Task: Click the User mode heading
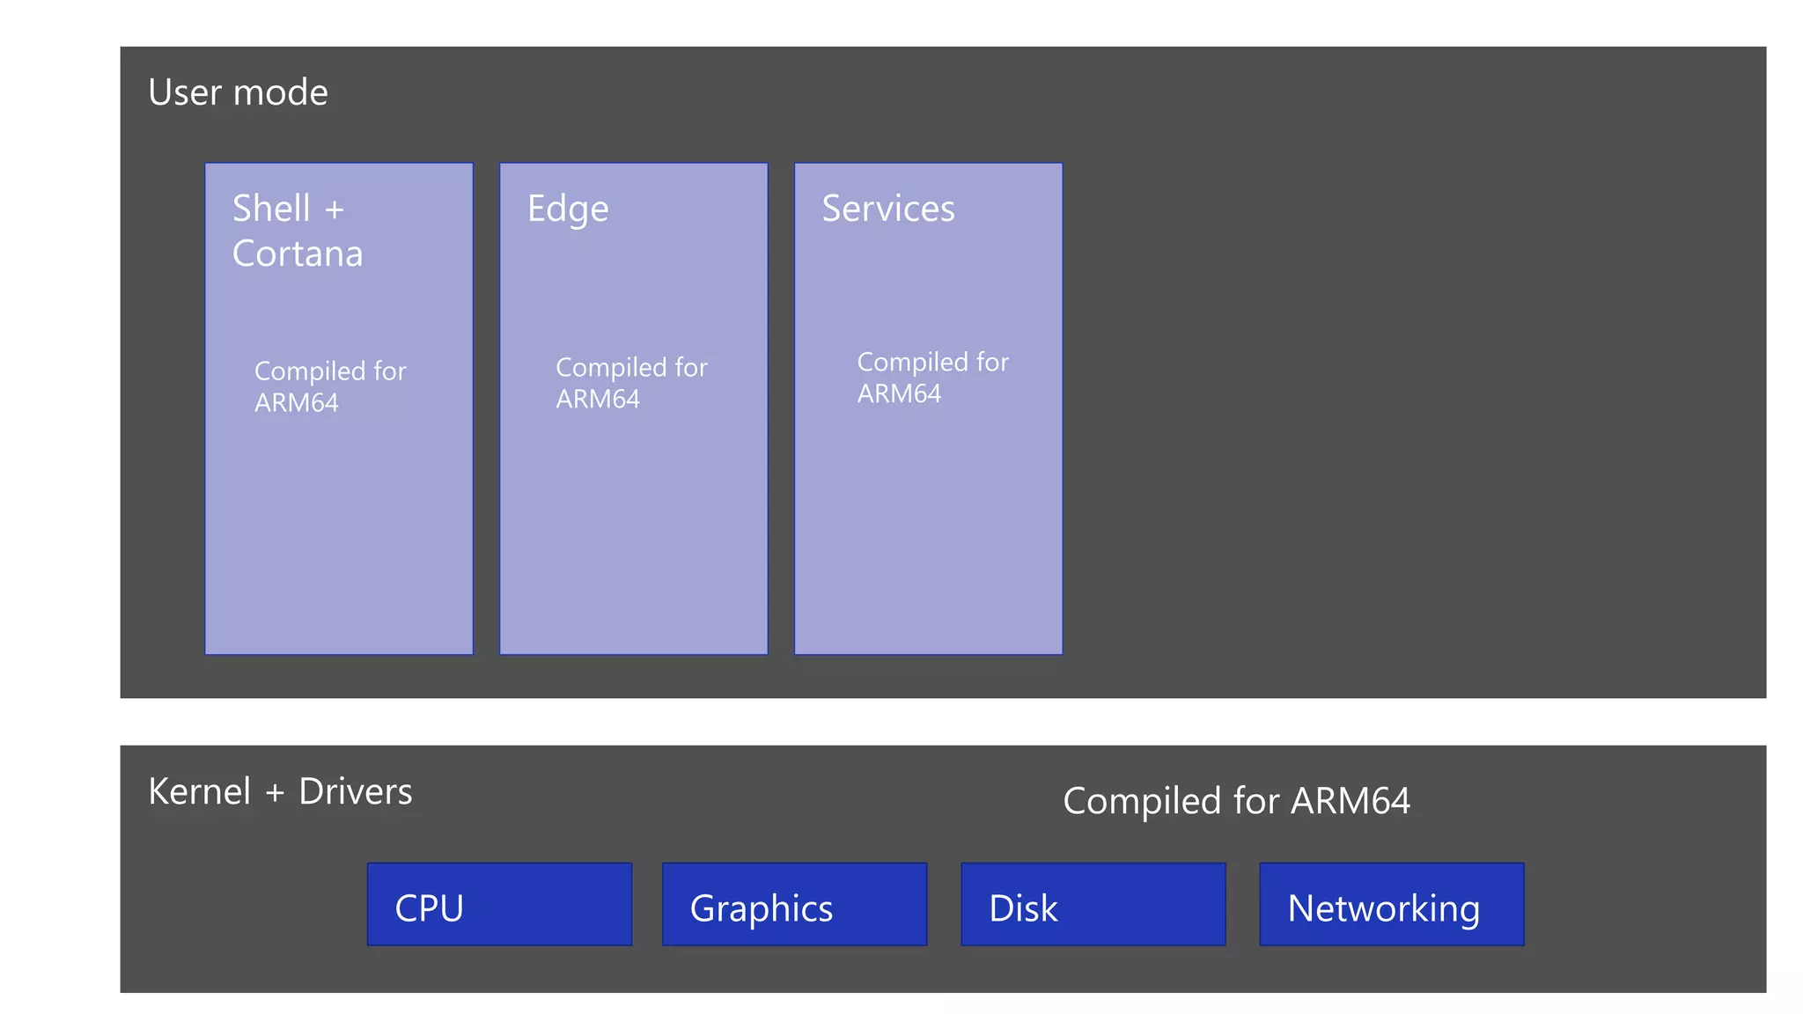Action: click(x=238, y=92)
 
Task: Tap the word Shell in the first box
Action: click(x=271, y=209)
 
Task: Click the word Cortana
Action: click(x=298, y=254)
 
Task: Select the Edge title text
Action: click(x=568, y=209)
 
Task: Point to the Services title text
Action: click(x=887, y=209)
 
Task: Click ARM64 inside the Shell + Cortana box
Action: click(x=296, y=403)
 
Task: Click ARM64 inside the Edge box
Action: click(x=598, y=400)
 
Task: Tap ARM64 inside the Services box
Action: click(x=899, y=393)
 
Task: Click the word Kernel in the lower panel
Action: click(x=200, y=791)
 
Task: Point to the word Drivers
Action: click(x=355, y=791)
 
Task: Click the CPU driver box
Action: click(x=499, y=905)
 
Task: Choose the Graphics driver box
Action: click(x=794, y=905)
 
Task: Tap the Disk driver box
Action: click(x=1093, y=905)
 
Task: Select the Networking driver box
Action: click(x=1391, y=905)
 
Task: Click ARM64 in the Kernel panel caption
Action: click(x=1350, y=801)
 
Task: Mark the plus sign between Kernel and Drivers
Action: click(x=275, y=793)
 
